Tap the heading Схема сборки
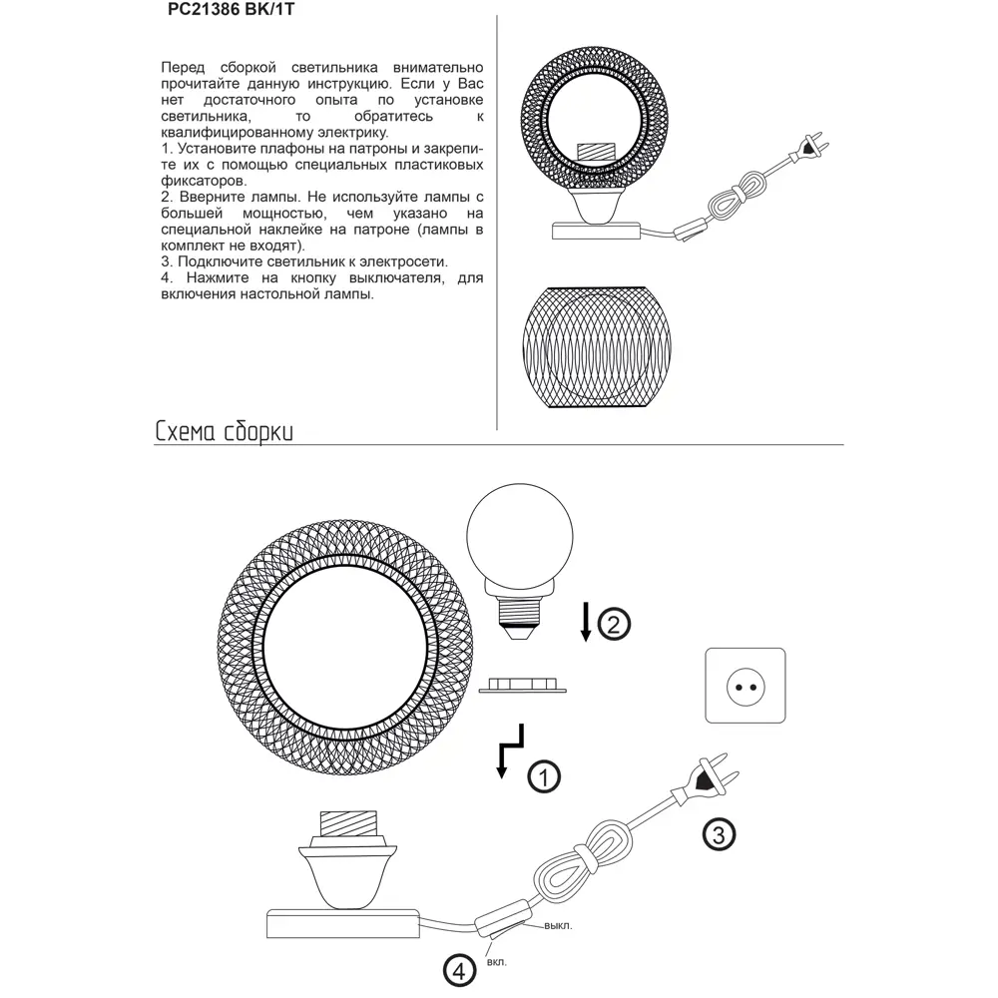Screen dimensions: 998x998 click(x=224, y=431)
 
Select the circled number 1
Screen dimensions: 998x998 click(x=543, y=775)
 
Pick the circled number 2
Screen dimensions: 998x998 click(x=614, y=624)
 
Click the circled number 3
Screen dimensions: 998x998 click(x=718, y=832)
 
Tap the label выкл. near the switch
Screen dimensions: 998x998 click(x=559, y=925)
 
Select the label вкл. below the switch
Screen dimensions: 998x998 click(x=496, y=962)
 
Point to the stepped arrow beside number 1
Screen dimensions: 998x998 click(x=508, y=751)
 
